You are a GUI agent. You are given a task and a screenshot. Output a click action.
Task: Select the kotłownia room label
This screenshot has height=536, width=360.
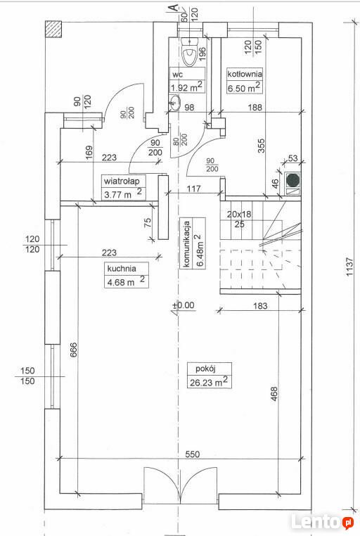click(245, 73)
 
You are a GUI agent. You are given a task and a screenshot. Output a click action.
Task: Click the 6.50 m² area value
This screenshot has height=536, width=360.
click(244, 87)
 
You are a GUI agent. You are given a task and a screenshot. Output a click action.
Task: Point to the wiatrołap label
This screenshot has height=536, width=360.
click(122, 181)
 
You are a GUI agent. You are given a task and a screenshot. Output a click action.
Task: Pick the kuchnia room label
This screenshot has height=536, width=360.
click(122, 268)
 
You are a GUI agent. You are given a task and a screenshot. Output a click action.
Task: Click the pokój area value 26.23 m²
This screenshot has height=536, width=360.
click(209, 381)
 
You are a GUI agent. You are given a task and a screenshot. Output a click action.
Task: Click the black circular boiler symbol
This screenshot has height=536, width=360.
click(292, 180)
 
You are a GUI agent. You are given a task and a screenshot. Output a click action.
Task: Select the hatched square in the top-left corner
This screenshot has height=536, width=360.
click(53, 29)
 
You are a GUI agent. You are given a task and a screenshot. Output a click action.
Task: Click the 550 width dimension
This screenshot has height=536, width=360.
click(192, 454)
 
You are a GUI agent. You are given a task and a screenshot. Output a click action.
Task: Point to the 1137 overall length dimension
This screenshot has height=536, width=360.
click(349, 267)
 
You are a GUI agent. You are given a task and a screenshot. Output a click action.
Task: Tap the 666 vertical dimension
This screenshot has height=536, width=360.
click(74, 349)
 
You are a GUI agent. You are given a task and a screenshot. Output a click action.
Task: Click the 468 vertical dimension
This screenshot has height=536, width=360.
click(274, 394)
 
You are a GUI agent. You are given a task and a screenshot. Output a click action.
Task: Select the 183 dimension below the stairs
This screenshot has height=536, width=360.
click(260, 305)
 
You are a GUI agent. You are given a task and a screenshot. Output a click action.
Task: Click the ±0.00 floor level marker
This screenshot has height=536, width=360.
click(184, 305)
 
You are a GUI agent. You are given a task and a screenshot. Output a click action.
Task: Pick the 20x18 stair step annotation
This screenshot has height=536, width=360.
click(239, 215)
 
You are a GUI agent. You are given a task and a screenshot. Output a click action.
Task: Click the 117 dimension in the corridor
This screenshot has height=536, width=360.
click(193, 189)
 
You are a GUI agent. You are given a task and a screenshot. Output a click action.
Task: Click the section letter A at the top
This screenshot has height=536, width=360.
click(174, 8)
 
